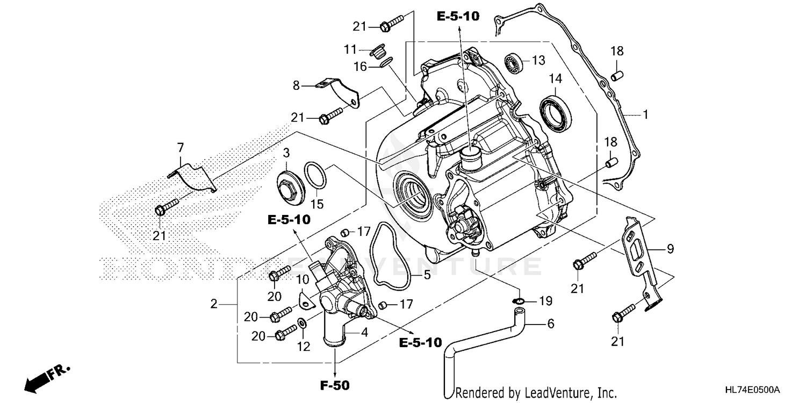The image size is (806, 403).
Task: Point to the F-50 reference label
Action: [x=335, y=385]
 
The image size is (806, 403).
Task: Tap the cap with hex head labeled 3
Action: [x=289, y=187]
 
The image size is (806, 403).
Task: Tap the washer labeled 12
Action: [x=302, y=323]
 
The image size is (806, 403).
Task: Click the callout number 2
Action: [x=213, y=304]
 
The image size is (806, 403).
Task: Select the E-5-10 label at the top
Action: [x=457, y=17]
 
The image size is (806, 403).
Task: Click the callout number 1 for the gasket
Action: [x=645, y=114]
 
